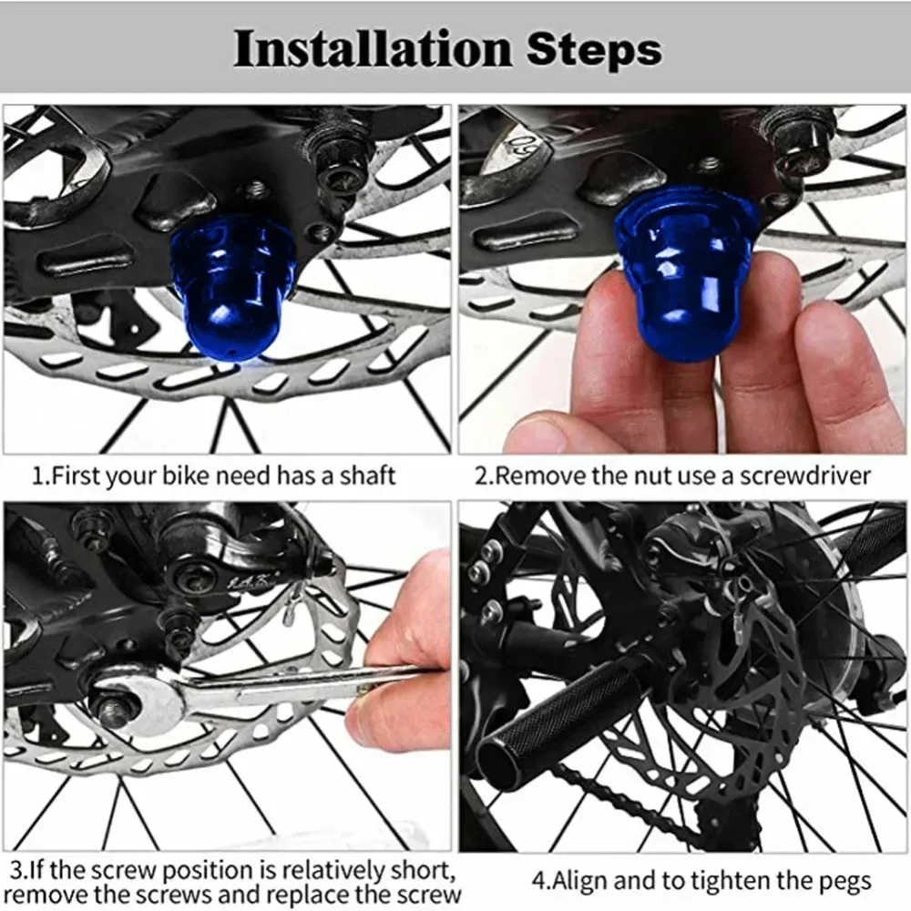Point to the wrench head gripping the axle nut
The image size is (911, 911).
137,701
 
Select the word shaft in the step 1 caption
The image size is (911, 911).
370,476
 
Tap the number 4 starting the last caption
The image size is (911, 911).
538,881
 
